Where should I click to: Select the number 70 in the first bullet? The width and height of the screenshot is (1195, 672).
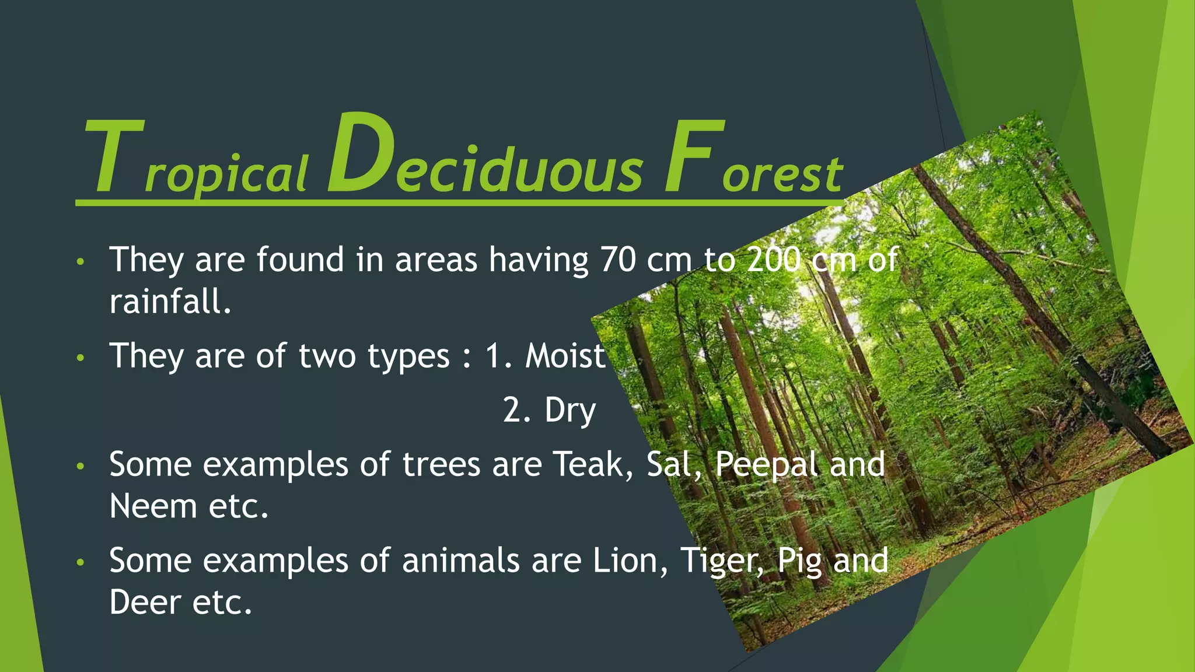pos(618,260)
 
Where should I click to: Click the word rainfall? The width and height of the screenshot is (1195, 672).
pos(170,302)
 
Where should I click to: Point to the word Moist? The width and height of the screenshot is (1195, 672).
pos(565,356)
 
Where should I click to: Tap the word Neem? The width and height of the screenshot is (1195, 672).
pos(153,506)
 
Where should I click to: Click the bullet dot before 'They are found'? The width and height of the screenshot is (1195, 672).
pos(81,261)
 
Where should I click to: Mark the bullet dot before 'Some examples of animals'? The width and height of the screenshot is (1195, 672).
pos(81,562)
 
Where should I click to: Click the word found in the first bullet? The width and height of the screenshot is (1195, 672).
pos(300,260)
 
